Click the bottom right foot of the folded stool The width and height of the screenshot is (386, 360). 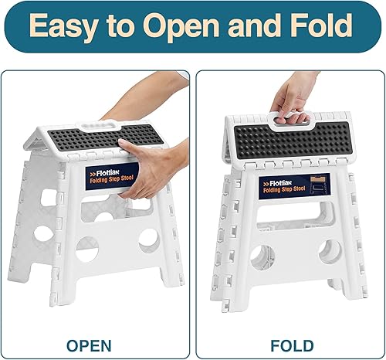pyautogui.click(x=346, y=297)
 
